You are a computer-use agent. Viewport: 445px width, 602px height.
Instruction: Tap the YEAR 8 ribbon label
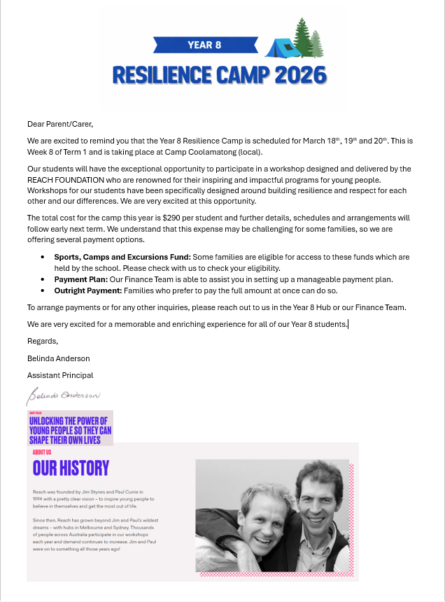click(204, 45)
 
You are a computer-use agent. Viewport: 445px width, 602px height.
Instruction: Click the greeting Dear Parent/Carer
click(60, 124)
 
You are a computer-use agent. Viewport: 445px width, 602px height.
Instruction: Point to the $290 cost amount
click(171, 218)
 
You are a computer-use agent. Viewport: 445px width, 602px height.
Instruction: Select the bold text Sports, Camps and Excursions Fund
click(116, 258)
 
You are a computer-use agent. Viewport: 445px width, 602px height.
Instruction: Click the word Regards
click(43, 341)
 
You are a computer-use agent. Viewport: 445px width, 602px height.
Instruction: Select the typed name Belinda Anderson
click(59, 358)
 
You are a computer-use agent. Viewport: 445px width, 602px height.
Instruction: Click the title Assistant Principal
click(60, 375)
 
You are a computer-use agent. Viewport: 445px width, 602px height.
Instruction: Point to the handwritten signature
click(64, 395)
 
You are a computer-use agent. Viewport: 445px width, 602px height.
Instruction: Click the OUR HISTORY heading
click(71, 468)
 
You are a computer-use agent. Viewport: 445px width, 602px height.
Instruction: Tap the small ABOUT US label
click(42, 452)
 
